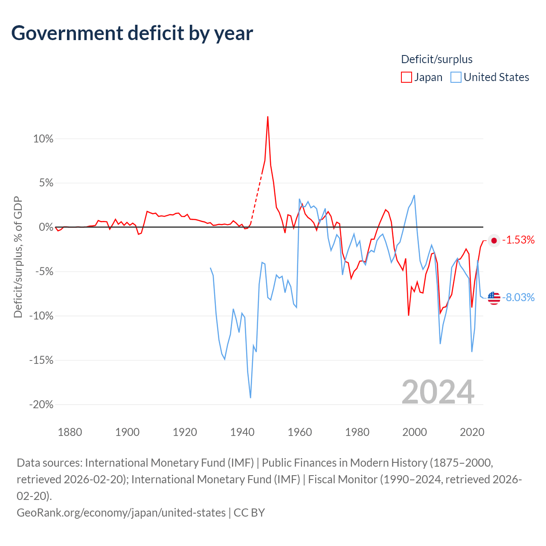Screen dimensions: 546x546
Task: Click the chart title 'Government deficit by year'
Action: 132,33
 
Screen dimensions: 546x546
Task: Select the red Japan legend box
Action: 406,77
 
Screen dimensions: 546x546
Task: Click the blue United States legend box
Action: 456,77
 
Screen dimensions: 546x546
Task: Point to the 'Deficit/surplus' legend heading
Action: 437,59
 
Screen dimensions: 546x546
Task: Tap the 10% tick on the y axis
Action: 43,139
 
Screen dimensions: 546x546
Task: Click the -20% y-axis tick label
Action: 41,404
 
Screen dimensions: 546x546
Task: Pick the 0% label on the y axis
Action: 46,227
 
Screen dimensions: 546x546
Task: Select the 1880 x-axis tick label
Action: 70,432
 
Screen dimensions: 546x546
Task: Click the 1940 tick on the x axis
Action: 242,432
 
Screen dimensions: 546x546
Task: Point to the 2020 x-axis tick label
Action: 472,432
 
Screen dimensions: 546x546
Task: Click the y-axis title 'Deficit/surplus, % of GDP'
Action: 18,257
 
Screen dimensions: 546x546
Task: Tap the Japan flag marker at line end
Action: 494,241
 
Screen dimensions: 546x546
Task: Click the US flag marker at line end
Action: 494,298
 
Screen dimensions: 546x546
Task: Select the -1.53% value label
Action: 518,240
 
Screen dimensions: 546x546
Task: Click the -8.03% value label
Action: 518,297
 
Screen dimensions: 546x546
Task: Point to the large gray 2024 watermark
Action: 438,392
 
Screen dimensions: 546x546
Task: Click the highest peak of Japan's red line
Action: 267,117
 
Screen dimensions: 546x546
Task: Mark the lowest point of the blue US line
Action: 250,398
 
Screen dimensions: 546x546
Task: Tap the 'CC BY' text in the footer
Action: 249,513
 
